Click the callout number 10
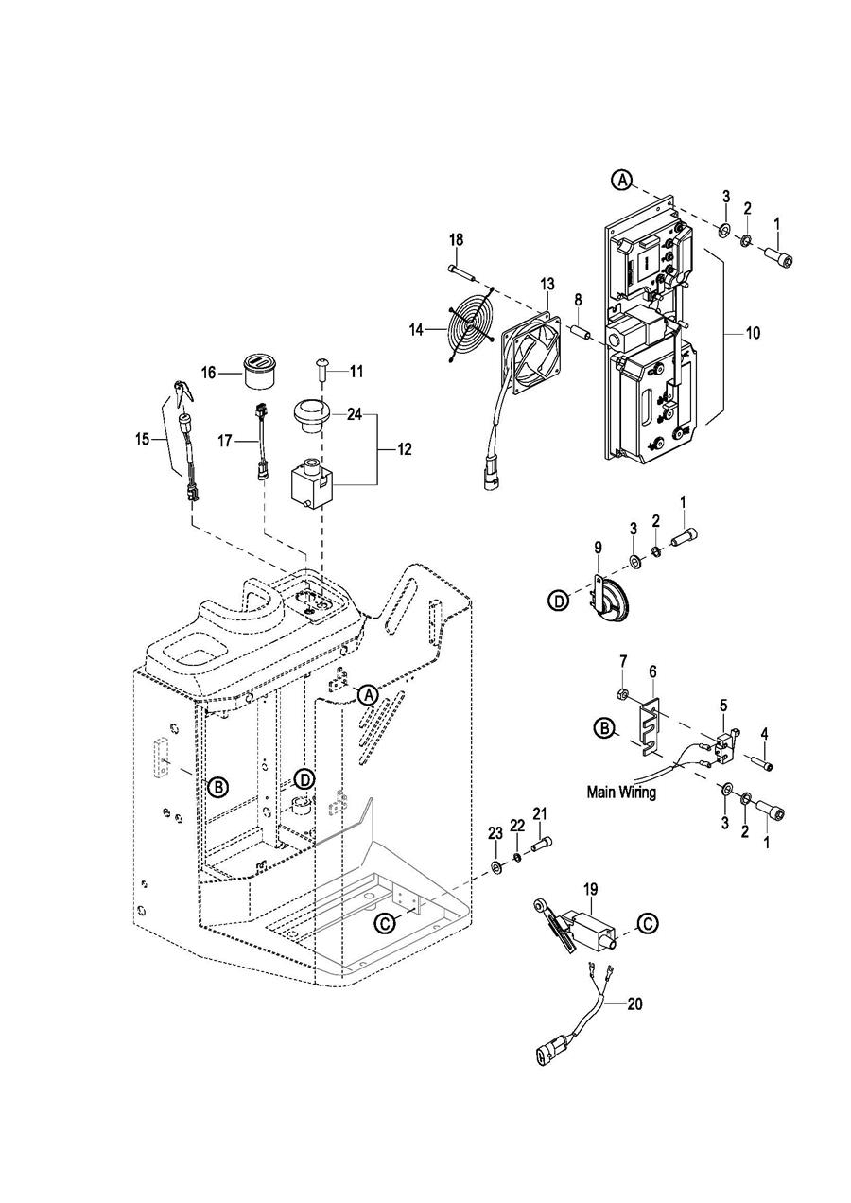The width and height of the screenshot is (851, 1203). click(753, 333)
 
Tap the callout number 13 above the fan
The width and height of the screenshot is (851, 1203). click(547, 284)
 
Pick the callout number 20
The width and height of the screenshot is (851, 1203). click(634, 1003)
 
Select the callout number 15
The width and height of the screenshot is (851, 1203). click(142, 440)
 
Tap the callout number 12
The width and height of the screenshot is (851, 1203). click(405, 448)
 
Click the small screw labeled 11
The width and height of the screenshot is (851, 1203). click(321, 369)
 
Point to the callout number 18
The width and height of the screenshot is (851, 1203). click(457, 239)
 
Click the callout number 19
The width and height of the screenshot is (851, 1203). click(590, 889)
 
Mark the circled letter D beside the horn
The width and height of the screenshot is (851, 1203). click(559, 601)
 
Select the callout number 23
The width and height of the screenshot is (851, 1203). click(495, 834)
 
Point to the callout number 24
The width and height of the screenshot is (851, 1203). click(355, 415)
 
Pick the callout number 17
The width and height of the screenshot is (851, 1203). click(225, 441)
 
